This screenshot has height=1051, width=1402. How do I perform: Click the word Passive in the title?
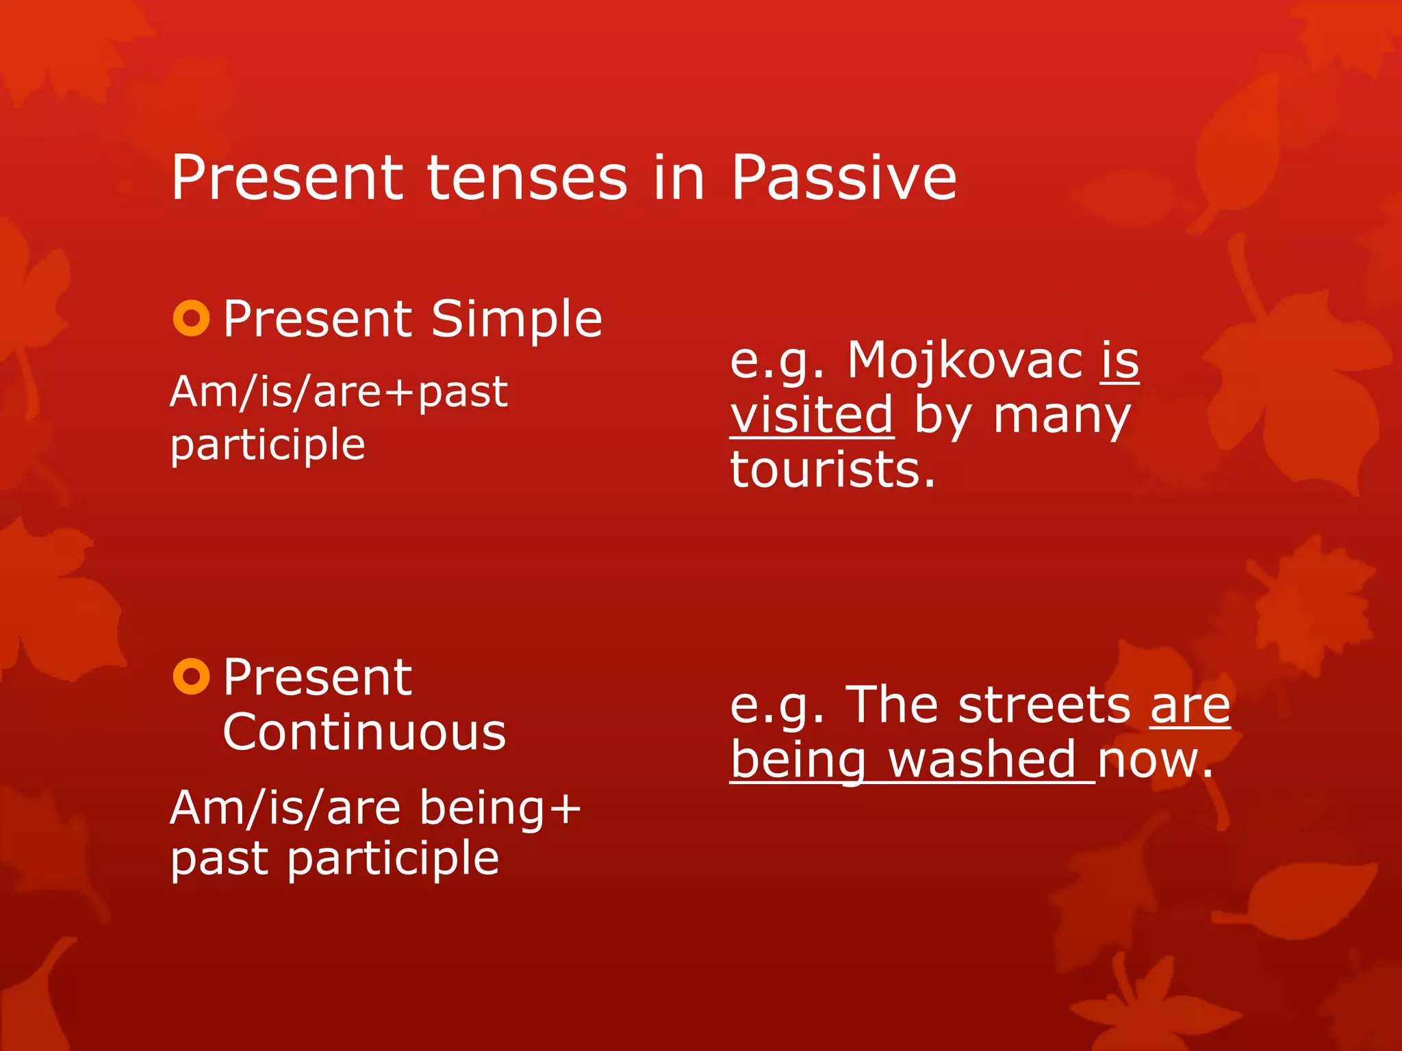coord(843,178)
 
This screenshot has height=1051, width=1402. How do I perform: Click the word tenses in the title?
coord(527,178)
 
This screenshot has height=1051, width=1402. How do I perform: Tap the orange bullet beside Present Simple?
coord(191,318)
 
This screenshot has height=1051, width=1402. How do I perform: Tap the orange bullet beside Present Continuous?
coord(191,677)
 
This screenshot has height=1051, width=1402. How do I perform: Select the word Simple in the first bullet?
coord(516,320)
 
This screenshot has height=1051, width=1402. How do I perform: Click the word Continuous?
coord(364,732)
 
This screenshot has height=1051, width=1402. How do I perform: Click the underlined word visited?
coord(812,415)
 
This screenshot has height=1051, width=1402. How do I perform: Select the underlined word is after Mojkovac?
coord(1120,360)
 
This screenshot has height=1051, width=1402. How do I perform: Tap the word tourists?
coord(832,470)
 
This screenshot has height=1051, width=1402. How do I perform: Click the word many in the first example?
coord(1061,416)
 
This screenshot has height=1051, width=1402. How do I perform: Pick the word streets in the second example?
coord(1045,705)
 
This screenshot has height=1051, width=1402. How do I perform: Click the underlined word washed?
coord(983,760)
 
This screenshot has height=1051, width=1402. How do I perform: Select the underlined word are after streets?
coord(1190,705)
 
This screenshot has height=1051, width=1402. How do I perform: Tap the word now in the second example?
coord(1156,760)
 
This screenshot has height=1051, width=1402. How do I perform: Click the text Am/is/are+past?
coord(339,392)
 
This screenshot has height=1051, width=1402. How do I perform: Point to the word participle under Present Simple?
coord(268,445)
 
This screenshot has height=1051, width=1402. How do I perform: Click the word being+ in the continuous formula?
coord(500,807)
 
